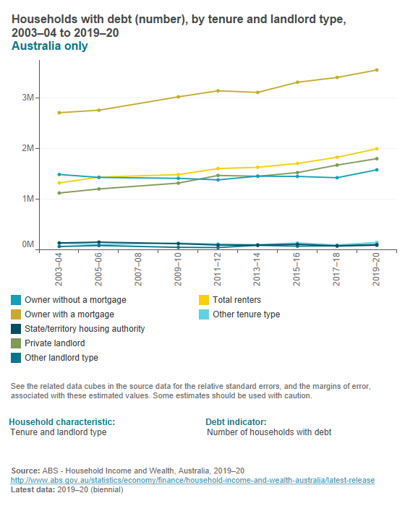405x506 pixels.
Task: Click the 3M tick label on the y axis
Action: [x=27, y=98]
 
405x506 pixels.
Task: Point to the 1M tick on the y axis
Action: [x=27, y=199]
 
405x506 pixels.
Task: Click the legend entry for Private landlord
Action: [x=54, y=343]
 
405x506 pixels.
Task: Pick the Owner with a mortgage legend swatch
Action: [x=16, y=314]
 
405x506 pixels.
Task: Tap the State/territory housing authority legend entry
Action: [x=84, y=329]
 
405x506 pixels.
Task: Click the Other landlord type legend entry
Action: [x=61, y=358]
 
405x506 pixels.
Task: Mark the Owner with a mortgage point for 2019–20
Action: [x=376, y=70]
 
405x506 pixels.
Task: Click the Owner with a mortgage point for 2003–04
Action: [x=59, y=113]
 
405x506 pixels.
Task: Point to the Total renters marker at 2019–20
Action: [x=376, y=149]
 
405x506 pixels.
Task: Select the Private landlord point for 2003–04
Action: [x=59, y=193]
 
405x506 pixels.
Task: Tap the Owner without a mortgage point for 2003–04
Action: [x=59, y=174]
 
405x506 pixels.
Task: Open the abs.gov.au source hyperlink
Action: [x=192, y=479]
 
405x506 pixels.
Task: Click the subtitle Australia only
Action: [x=49, y=46]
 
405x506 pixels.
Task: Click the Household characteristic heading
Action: [x=61, y=421]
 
